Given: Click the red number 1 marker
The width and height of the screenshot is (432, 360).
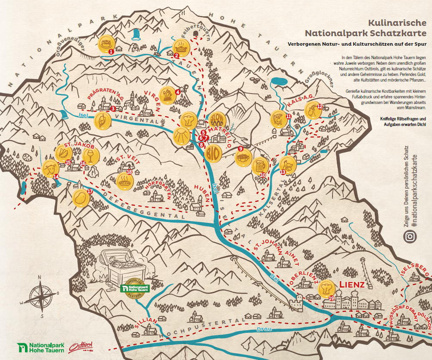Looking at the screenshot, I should pos(111,51).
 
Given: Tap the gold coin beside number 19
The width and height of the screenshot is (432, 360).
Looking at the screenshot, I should pos(326,288).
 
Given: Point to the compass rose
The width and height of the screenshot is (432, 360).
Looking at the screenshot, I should pos(40,297).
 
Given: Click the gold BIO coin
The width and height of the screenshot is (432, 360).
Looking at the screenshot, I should pos(213,153).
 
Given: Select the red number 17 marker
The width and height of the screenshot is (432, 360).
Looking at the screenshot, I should pos(90,191).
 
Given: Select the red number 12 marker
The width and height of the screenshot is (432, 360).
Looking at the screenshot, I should pos(320,106).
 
